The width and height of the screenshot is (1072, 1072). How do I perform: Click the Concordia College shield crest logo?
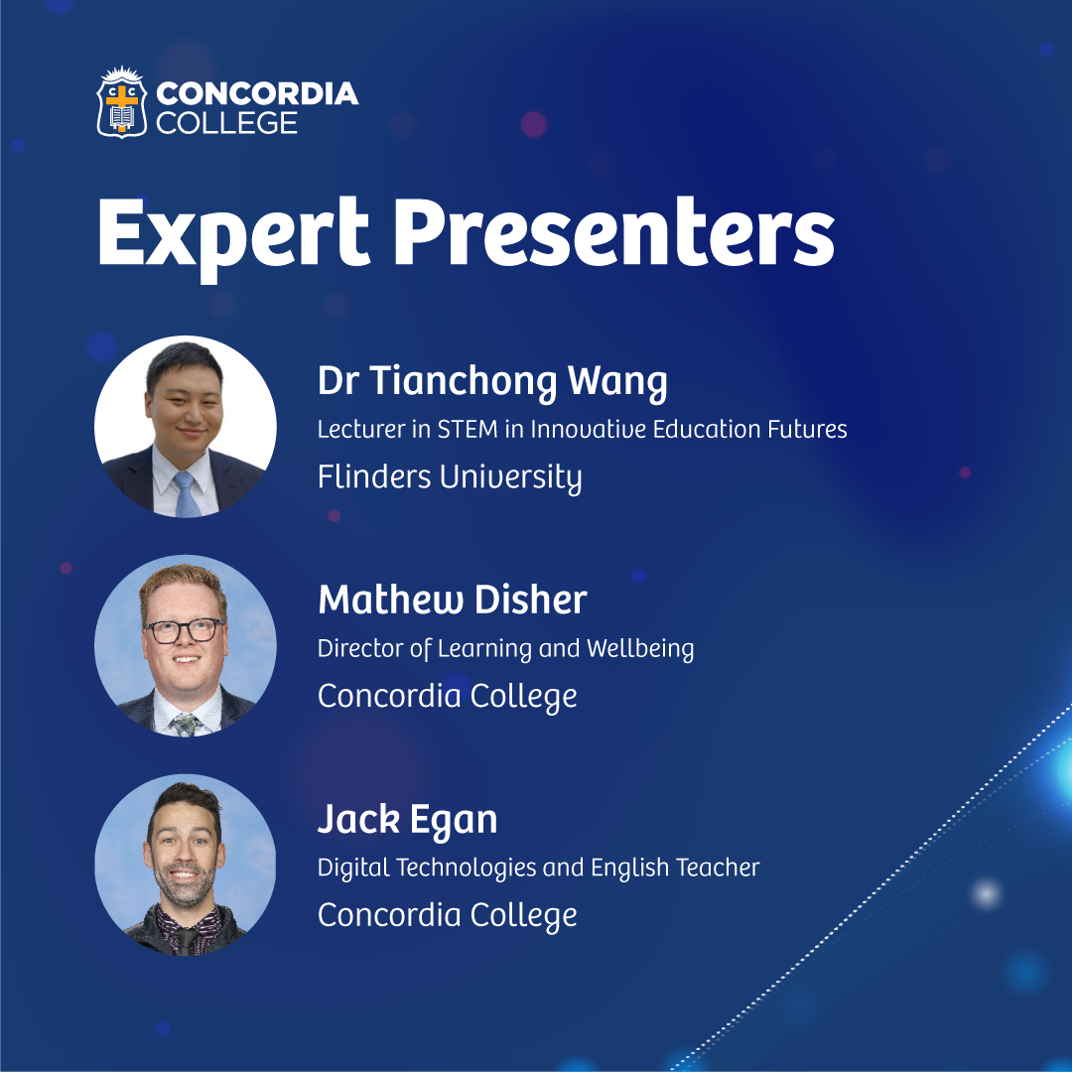coord(122,102)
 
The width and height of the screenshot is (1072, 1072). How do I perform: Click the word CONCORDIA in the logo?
coord(257,93)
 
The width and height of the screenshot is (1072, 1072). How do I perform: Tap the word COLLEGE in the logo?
coord(226,123)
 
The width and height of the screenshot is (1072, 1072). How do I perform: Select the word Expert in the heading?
coord(234,235)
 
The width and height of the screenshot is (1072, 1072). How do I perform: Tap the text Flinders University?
coord(450,477)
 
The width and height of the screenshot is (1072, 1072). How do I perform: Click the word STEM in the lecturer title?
coord(468,430)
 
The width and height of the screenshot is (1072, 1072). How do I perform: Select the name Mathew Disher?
coord(453,600)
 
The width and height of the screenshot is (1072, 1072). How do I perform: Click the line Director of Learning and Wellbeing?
coord(506,649)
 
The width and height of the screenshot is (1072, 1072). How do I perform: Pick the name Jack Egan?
coord(408,820)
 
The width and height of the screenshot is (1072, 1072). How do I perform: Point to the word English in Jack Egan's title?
coord(629,868)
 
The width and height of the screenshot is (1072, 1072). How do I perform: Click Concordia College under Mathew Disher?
coord(447,697)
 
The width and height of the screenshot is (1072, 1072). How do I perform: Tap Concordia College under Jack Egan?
coord(447,916)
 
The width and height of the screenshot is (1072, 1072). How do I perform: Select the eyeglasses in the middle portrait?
coord(184,629)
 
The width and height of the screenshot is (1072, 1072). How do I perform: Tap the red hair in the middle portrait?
coord(183,586)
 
